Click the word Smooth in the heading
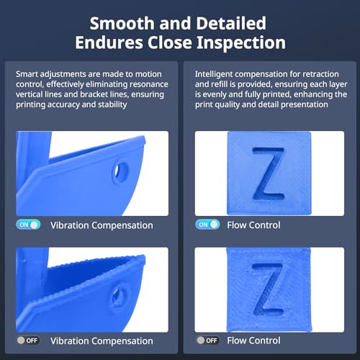coord(122,23)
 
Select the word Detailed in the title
coord(231,23)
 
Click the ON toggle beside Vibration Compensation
coord(28,225)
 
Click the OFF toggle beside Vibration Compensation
coord(28,341)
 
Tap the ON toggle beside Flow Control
coord(207,225)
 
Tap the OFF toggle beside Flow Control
coord(207,341)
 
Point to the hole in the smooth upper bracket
coord(120,172)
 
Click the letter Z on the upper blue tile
coord(269,174)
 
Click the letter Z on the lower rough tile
coord(268,289)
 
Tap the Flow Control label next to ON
coord(253,225)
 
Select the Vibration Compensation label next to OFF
coord(102,341)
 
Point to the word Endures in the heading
coord(109,42)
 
